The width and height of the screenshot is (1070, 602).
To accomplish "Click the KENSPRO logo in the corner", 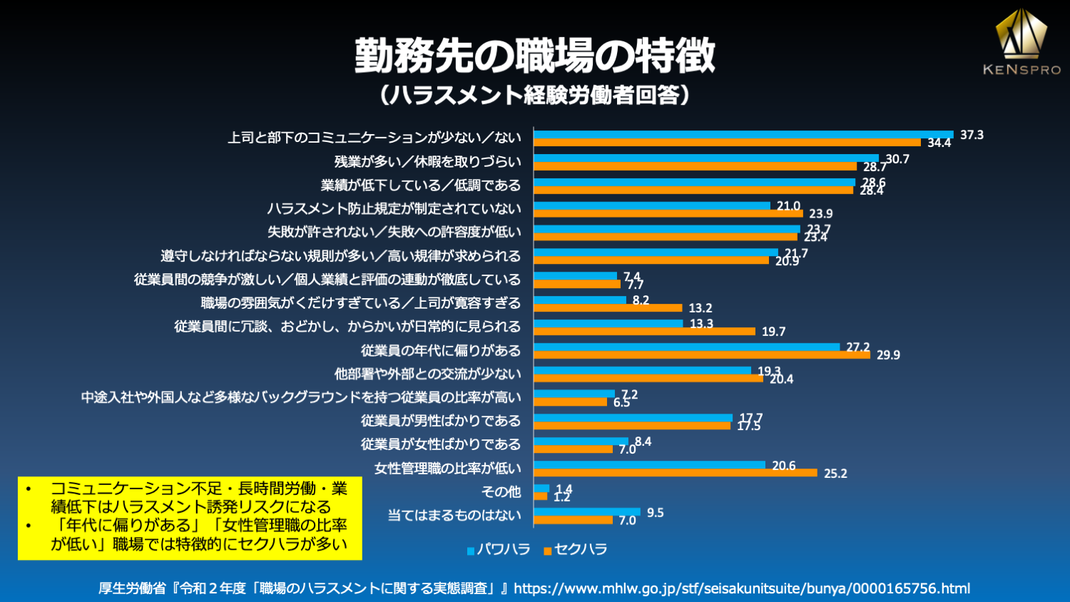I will tap(1021, 43).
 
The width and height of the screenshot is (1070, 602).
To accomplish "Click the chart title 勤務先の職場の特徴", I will tap(534, 56).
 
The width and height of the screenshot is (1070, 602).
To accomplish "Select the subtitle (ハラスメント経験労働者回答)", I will tap(534, 95).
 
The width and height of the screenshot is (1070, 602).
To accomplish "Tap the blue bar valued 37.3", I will tap(743, 134).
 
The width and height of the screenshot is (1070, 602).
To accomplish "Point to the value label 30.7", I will tap(897, 159).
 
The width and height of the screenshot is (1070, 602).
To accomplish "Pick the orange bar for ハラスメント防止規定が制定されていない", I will tap(668, 213).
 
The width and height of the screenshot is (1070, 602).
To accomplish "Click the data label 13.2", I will tap(700, 308).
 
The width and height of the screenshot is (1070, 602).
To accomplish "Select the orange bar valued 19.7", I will tap(644, 331).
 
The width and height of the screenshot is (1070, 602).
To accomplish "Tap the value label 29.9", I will tap(888, 355).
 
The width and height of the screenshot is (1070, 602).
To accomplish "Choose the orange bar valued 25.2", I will tap(676, 472).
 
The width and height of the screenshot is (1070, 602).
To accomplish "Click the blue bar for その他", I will tap(541, 488).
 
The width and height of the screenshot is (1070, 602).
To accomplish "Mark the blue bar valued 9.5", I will tap(587, 511).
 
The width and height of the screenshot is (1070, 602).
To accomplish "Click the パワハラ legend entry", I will tap(499, 549).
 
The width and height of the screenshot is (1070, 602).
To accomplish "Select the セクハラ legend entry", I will tap(576, 549).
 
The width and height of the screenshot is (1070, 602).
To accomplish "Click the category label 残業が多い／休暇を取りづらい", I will tap(427, 162).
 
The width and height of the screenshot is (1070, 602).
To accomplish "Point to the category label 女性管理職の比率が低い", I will tap(447, 468).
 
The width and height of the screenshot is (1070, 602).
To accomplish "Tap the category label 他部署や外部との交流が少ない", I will tap(427, 374).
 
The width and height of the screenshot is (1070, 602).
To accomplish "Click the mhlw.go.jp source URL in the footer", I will tap(742, 588).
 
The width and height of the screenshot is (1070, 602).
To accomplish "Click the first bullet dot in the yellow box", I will tap(29, 489).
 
